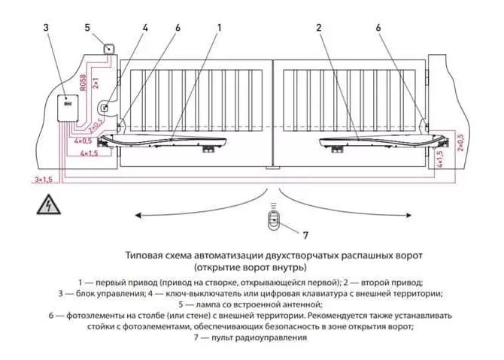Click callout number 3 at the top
pos(47,28)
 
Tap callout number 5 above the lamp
pos(87,28)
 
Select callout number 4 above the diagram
pos(145,28)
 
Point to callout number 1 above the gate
pos(219,28)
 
